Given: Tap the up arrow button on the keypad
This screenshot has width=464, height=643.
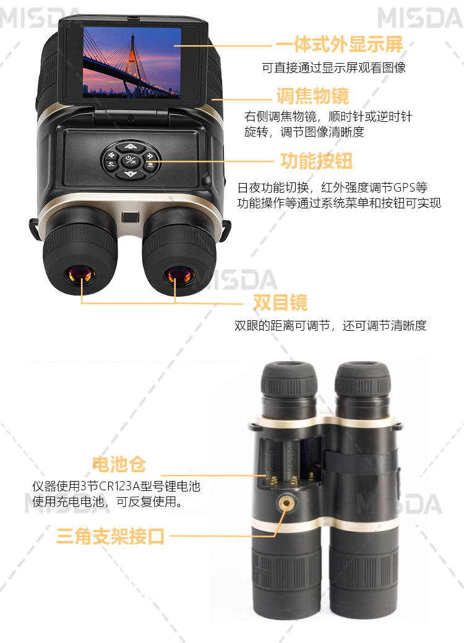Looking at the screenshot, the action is point(131,146).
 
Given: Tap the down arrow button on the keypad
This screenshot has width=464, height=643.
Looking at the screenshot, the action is point(131,174).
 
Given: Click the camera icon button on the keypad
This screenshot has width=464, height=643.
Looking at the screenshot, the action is point(150,164).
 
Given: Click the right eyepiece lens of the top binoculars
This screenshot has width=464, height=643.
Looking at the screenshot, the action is point(179,275).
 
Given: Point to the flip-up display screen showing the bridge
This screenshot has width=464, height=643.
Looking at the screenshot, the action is point(132,62).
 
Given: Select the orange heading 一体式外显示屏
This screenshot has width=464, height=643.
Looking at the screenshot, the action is point(339,45).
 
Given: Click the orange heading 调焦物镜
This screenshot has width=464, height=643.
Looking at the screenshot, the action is point(313,96).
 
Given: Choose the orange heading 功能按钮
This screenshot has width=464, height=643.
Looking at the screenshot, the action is point(316,161).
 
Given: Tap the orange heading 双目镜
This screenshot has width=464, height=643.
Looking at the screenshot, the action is point(280,302).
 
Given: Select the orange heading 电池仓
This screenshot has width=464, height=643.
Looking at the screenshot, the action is point(119,464).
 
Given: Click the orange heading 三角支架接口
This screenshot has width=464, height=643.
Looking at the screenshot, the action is point(110,536).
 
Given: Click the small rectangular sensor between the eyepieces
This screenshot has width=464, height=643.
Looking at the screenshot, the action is point(130,217).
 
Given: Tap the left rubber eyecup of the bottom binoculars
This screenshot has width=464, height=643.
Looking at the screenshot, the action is point(289,379).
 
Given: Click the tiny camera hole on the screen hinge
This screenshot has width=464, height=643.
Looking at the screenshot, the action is point(131,118).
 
